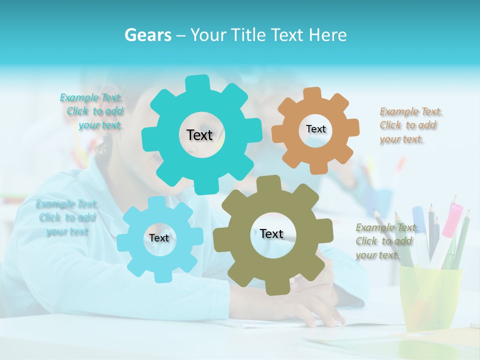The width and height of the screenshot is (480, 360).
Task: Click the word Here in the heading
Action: coord(328,35)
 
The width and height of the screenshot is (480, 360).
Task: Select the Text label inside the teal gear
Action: coord(199,135)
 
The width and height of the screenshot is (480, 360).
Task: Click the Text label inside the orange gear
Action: coord(315,129)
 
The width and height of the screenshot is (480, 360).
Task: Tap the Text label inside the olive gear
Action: coord(271,234)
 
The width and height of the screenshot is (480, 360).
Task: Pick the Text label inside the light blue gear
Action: coord(159,238)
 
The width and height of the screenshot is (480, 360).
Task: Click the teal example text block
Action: coord(92,111)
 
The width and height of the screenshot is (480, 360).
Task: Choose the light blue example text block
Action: coord(67,217)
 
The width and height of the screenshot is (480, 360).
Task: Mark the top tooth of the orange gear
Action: coord(312,93)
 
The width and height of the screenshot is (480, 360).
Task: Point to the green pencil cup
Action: coord(430,295)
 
